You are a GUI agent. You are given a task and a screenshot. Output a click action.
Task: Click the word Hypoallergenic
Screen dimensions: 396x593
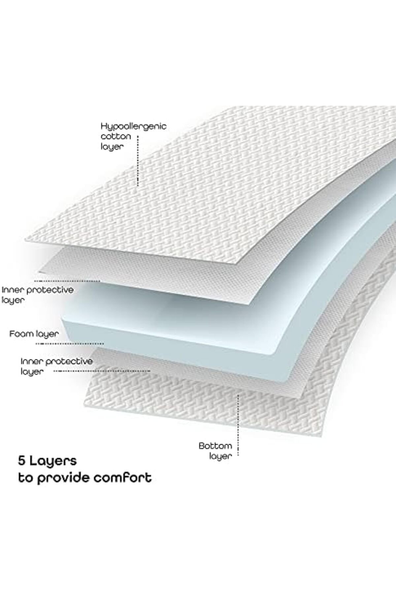133,127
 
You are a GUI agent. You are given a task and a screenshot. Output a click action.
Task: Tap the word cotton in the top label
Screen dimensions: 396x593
115,137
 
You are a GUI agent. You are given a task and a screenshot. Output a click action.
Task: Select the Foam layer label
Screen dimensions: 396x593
34,334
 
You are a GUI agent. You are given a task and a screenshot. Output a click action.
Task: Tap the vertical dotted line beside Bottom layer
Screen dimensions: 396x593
238,425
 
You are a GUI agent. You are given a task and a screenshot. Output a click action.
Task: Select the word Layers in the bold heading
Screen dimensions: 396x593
53,461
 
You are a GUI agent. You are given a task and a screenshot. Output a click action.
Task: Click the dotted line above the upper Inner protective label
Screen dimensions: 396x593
67,281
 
